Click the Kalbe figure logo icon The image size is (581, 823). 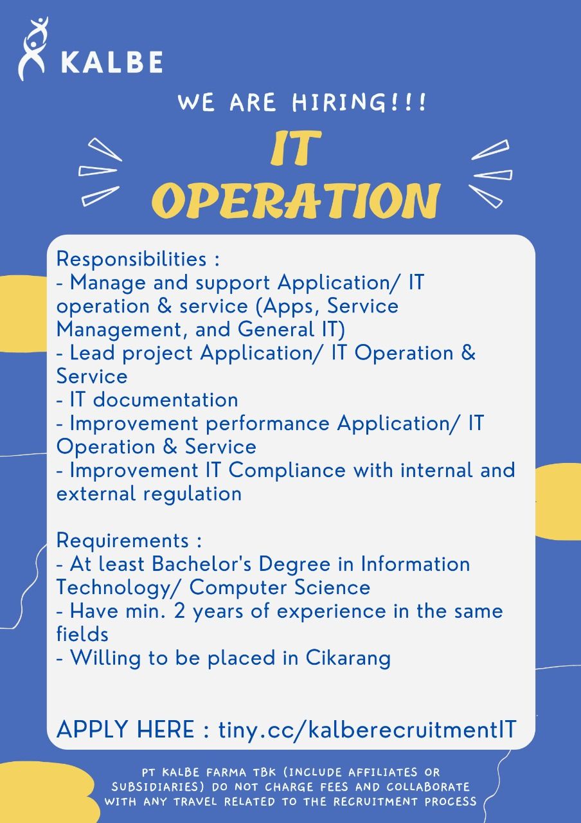pyautogui.click(x=33, y=48)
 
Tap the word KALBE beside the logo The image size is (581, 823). pyautogui.click(x=112, y=62)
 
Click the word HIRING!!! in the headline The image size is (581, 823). pyautogui.click(x=359, y=102)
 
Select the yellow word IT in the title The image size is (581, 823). pyautogui.click(x=295, y=148)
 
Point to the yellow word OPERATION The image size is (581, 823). pyautogui.click(x=296, y=201)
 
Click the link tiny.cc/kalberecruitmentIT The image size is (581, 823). pyautogui.click(x=367, y=729)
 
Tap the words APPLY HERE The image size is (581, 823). pyautogui.click(x=125, y=729)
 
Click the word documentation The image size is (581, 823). pyautogui.click(x=166, y=400)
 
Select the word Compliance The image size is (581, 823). pyautogui.click(x=287, y=470)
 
